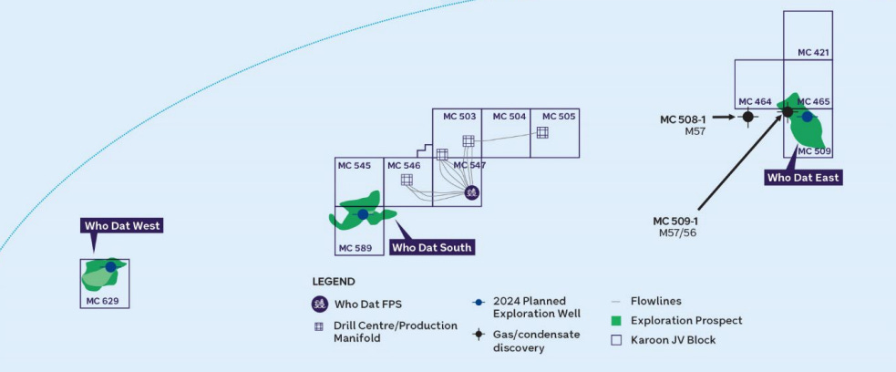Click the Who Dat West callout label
tap(122, 225)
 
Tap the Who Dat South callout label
tap(433, 247)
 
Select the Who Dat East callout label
tap(803, 178)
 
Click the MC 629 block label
tap(102, 300)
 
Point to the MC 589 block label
tap(355, 248)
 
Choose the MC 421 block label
tap(813, 53)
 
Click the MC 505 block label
tap(559, 117)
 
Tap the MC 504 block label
tap(510, 117)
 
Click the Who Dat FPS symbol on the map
tap(471, 192)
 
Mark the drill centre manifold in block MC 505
tap(542, 132)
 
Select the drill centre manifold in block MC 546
tap(407, 180)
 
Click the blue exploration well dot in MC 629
tap(110, 267)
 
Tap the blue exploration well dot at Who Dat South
tap(363, 214)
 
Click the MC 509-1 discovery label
tap(675, 221)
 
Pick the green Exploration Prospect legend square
tap(616, 321)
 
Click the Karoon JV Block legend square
tap(616, 340)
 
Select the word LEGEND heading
tap(334, 282)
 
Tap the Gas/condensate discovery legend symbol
tap(478, 335)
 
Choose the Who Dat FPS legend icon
tap(319, 305)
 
